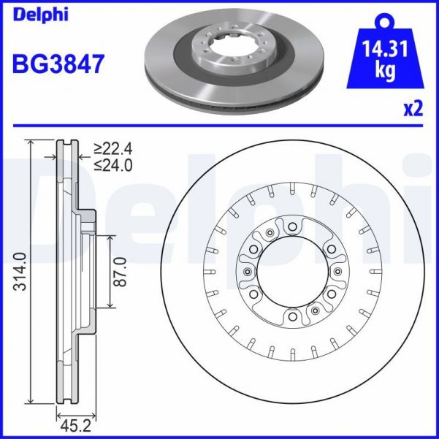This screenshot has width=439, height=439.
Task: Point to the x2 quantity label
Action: click(x=413, y=109)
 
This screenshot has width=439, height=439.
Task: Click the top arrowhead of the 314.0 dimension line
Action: click(x=30, y=143)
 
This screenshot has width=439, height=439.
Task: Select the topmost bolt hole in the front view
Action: click(x=292, y=227)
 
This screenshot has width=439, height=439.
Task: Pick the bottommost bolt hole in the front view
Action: click(x=292, y=317)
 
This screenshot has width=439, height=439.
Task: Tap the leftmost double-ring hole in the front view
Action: click(x=248, y=272)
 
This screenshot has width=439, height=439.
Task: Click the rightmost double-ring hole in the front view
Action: click(x=337, y=272)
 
